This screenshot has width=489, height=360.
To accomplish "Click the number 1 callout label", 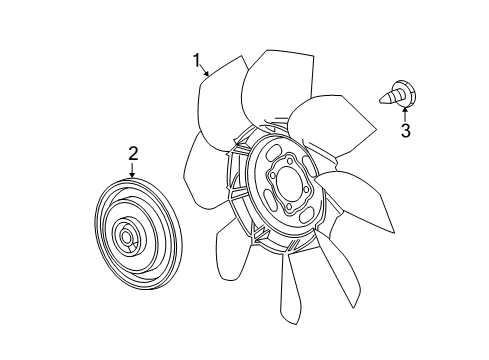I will coord(198,59).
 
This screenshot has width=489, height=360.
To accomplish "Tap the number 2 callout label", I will coord(131,152).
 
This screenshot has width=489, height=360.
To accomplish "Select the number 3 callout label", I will coord(405,131).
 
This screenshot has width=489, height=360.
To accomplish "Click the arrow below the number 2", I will coord(131,169).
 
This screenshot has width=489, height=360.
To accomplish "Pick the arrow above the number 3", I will coord(404,113).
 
